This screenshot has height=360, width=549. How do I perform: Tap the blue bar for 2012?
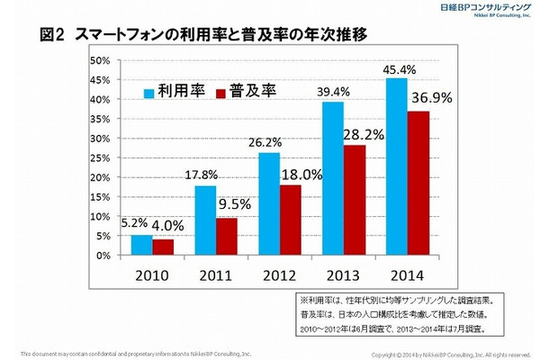coord(269,204)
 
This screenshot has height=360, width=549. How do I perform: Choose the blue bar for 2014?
coord(395,166)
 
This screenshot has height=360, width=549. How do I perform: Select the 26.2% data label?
coord(270,141)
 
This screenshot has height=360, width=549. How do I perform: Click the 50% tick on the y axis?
coord(99,60)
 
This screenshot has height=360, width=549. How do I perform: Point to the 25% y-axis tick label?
coord(99,157)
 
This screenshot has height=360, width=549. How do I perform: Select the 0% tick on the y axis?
coord(103,256)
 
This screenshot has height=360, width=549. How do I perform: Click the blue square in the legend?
coord(149,91)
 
